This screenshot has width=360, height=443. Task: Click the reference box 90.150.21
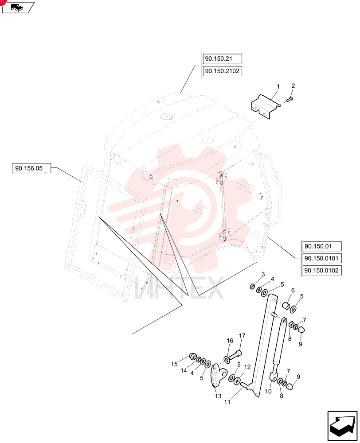point(222,59)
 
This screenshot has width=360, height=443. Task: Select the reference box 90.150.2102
point(222,71)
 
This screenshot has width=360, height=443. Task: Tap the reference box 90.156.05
point(31,168)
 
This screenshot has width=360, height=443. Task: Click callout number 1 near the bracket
point(278,86)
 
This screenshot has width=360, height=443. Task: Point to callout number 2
point(293,86)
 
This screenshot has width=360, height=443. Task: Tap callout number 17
point(242,336)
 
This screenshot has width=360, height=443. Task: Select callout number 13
point(218,396)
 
